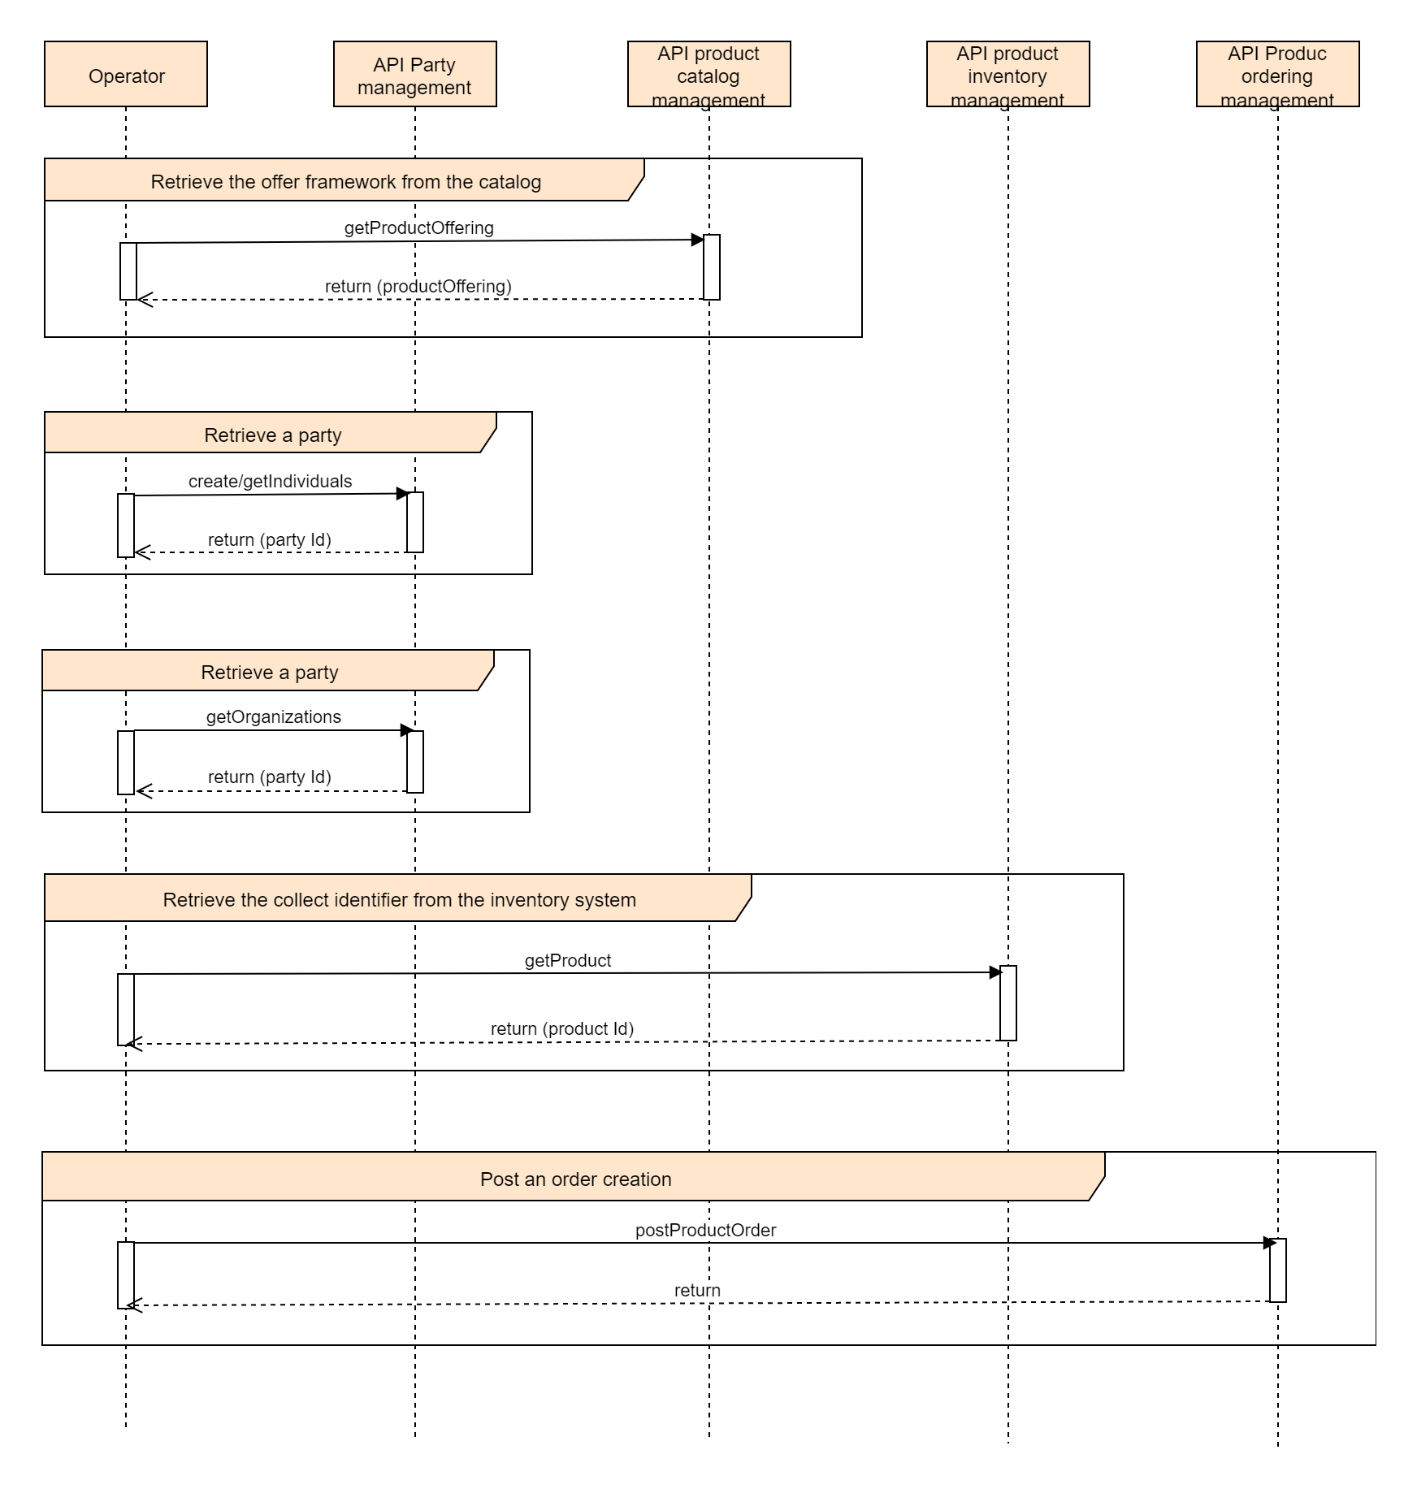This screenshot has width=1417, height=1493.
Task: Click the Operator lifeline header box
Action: coord(126,74)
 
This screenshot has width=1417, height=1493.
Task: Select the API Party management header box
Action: coord(414,74)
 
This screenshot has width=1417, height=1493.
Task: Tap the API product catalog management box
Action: coord(708,74)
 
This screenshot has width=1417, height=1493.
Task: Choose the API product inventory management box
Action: coord(1007,74)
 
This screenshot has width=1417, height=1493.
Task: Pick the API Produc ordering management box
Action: coord(1277,74)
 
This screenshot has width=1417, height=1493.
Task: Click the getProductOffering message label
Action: coord(418,227)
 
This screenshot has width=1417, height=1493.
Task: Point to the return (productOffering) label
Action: coord(418,286)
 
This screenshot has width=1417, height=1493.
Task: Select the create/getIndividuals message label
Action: coord(270,481)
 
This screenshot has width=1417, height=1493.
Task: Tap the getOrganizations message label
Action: coord(273,716)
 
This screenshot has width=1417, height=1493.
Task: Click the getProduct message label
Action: coord(567,960)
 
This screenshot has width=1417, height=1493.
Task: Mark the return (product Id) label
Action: coord(561,1028)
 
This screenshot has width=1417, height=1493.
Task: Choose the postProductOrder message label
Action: coord(705,1230)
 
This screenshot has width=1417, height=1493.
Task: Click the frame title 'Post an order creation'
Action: coord(575,1179)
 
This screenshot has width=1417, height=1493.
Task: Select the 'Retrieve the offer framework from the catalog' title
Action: coord(345,181)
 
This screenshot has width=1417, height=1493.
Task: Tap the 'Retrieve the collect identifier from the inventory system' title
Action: coord(399,899)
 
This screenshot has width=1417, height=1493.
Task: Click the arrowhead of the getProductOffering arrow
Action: coord(697,240)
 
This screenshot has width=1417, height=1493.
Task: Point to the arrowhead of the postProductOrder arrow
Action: coord(1269,1243)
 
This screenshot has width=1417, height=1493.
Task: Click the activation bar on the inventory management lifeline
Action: coord(1007,1003)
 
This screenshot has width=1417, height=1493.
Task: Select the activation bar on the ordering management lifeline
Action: coord(1277,1270)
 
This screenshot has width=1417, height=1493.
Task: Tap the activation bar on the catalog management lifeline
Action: coord(711,267)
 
